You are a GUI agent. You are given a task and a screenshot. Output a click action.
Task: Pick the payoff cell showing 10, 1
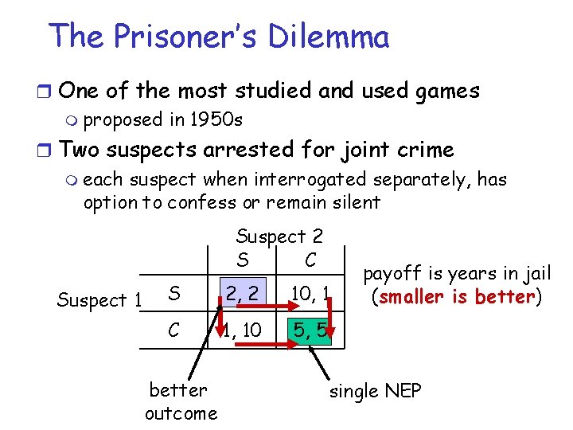pyautogui.click(x=305, y=294)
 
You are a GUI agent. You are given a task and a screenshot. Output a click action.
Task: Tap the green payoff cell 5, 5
pyautogui.click(x=306, y=329)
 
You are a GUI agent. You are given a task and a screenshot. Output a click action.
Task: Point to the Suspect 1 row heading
pyautogui.click(x=99, y=300)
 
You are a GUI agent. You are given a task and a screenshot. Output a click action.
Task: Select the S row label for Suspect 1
pyautogui.click(x=173, y=294)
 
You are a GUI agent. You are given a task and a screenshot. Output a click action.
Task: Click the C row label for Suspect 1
pyautogui.click(x=173, y=328)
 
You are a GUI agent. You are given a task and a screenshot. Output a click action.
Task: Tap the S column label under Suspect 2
pyautogui.click(x=242, y=260)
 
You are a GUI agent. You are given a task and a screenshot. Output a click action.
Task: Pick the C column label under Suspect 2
pyautogui.click(x=310, y=260)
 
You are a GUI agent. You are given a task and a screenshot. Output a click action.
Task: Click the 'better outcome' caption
pyautogui.click(x=181, y=401)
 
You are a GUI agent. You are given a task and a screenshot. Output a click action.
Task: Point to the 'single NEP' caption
pyautogui.click(x=375, y=391)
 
